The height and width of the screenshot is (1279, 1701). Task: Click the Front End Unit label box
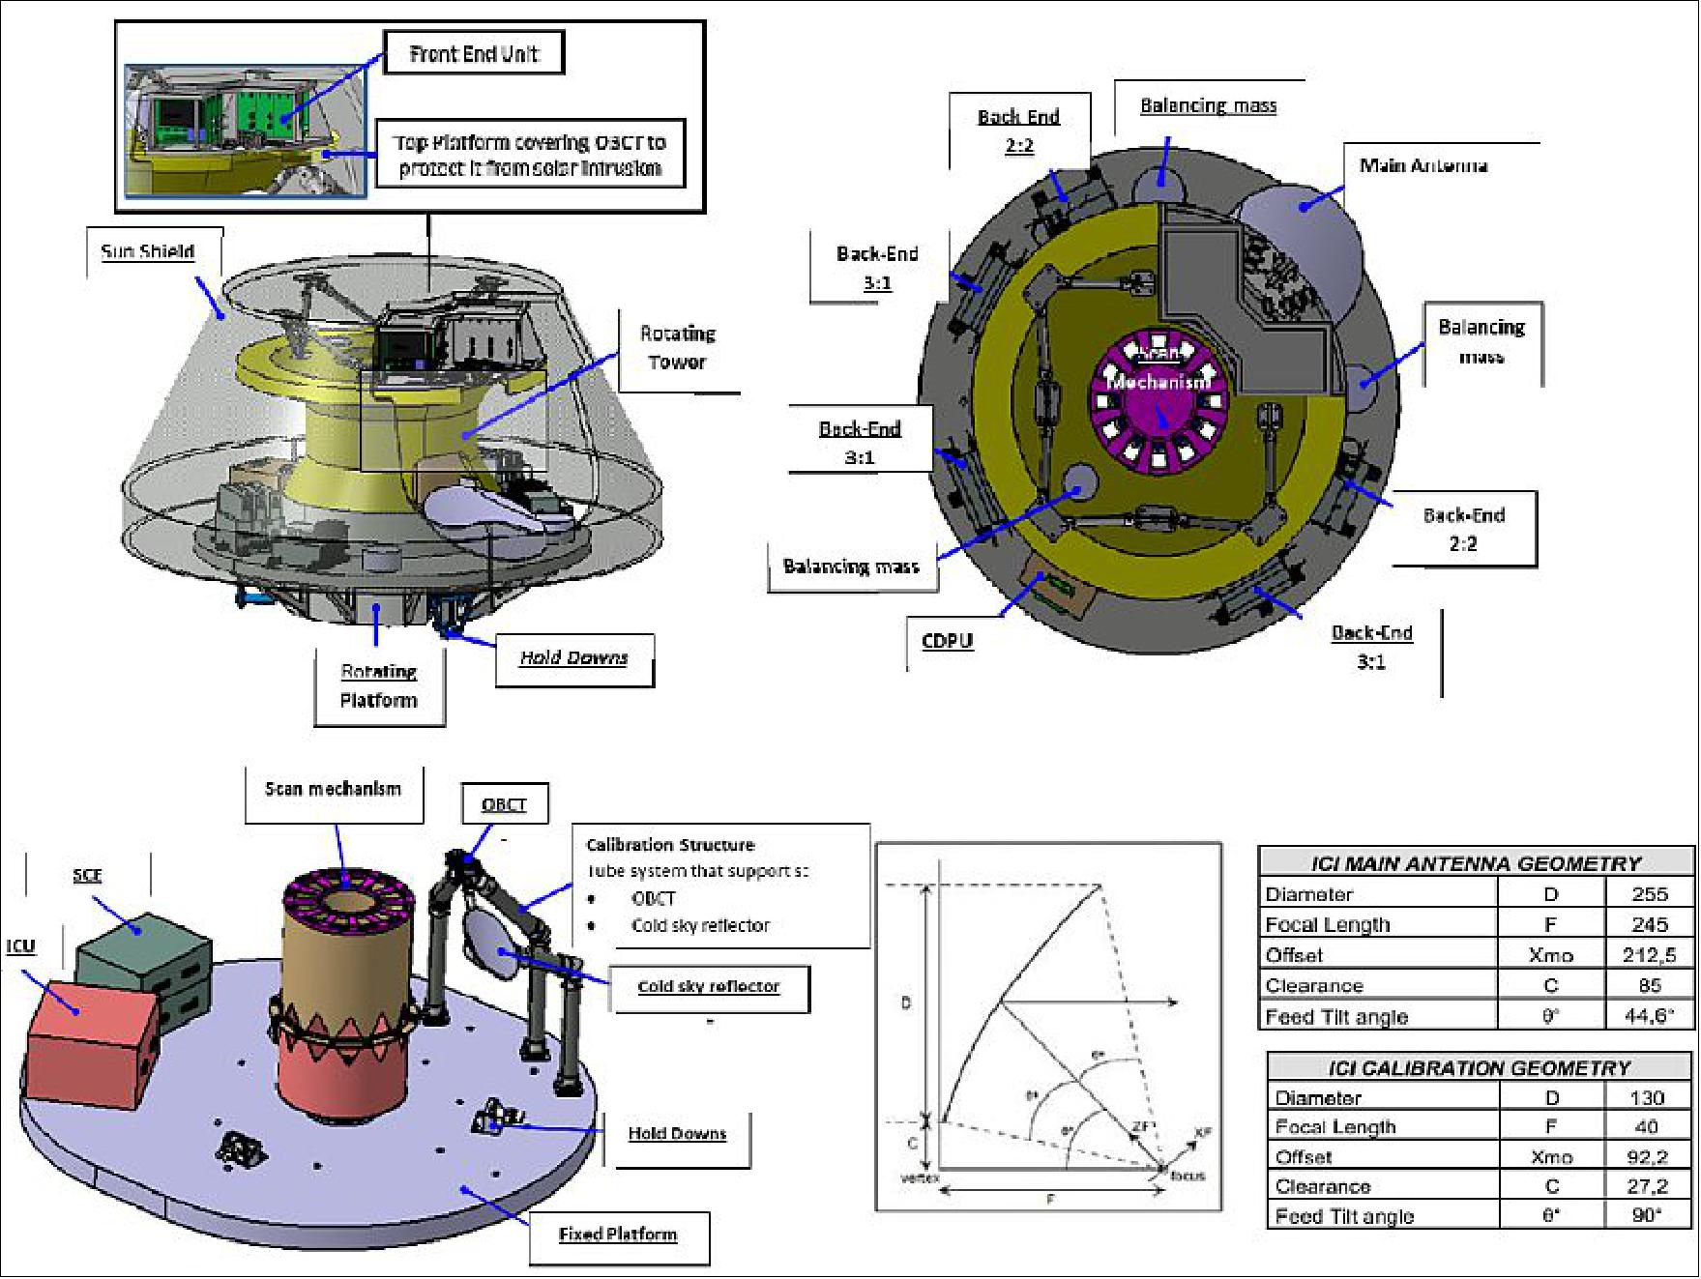pyautogui.click(x=473, y=54)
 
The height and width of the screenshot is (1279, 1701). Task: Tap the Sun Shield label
pyautogui.click(x=148, y=251)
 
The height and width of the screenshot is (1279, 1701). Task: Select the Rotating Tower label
pyautogui.click(x=677, y=348)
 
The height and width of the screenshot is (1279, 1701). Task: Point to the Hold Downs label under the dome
pyautogui.click(x=573, y=658)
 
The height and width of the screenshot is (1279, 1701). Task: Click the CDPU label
pyautogui.click(x=947, y=640)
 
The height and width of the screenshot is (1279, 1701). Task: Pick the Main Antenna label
pyautogui.click(x=1422, y=165)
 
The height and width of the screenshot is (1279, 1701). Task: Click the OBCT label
pyautogui.click(x=504, y=804)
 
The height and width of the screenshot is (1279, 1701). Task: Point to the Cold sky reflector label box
pyautogui.click(x=709, y=986)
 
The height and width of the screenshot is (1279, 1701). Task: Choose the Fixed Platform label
pyautogui.click(x=618, y=1235)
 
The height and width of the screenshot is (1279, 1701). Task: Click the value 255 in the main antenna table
pyautogui.click(x=1649, y=894)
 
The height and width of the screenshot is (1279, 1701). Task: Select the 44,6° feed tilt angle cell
pyautogui.click(x=1649, y=1016)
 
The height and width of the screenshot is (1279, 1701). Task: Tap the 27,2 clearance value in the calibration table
pyautogui.click(x=1646, y=1186)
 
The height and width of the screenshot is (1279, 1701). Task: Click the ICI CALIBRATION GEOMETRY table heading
pyautogui.click(x=1479, y=1067)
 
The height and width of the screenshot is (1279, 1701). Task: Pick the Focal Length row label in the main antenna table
pyautogui.click(x=1328, y=925)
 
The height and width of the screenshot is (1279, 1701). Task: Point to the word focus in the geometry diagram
pyautogui.click(x=1187, y=1177)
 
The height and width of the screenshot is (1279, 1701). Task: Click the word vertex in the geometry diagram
pyautogui.click(x=920, y=1178)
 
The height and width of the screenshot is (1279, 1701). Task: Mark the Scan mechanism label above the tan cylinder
pyautogui.click(x=333, y=789)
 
